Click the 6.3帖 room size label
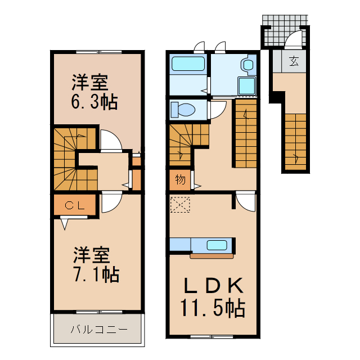coord(94,103)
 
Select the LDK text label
coord(212,286)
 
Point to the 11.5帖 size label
coord(212,308)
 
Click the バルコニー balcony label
coord(99,330)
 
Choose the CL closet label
coord(74,205)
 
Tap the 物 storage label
coord(180,180)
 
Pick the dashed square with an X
coord(181,205)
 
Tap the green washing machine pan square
coord(246,85)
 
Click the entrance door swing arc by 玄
coord(293,41)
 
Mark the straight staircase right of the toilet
coord(245,133)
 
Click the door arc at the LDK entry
coord(245,201)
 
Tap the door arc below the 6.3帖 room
coord(111,141)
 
